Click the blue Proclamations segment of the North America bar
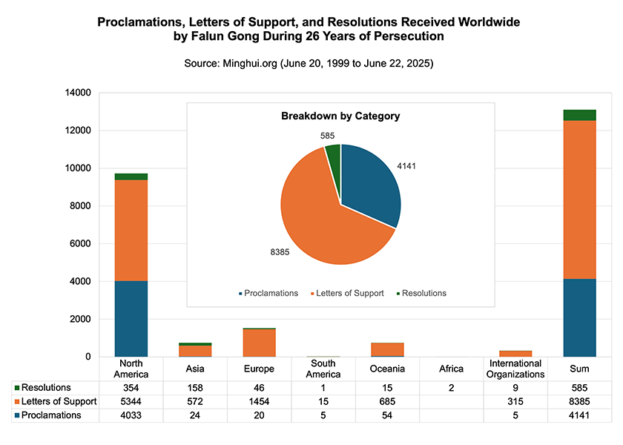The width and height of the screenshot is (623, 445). pyautogui.click(x=131, y=319)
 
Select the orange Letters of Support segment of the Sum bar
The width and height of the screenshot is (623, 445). pyautogui.click(x=579, y=200)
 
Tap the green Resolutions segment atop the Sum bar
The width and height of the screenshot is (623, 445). pyautogui.click(x=579, y=115)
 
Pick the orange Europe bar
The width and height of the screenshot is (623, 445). pyautogui.click(x=260, y=343)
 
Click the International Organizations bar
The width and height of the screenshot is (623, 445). pyautogui.click(x=515, y=354)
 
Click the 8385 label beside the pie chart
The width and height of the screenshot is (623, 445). pyautogui.click(x=280, y=252)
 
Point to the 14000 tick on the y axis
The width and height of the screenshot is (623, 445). pyautogui.click(x=78, y=93)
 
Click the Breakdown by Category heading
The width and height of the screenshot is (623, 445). pyautogui.click(x=340, y=116)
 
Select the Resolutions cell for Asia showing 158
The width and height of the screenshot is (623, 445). pyautogui.click(x=195, y=388)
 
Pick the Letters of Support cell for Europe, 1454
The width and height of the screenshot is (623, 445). pyautogui.click(x=260, y=401)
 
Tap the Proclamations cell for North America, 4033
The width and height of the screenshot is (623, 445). pyautogui.click(x=131, y=415)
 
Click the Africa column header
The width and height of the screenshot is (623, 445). pyautogui.click(x=451, y=369)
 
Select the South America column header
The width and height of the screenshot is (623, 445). pyautogui.click(x=323, y=369)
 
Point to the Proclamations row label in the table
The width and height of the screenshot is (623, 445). pyautogui.click(x=50, y=415)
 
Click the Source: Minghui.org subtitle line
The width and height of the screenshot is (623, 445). pyautogui.click(x=309, y=64)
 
